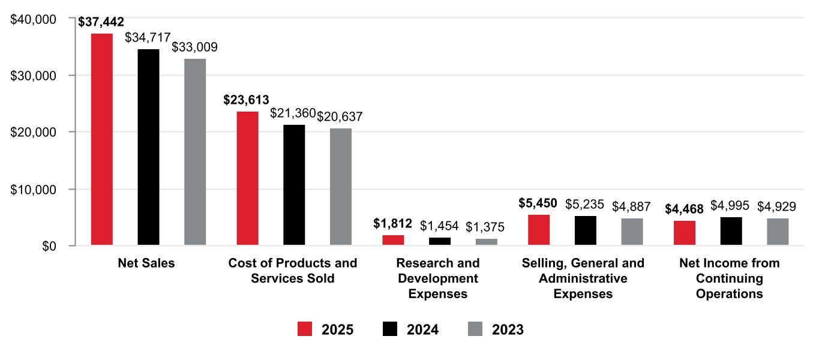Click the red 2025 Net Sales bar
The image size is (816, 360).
point(101,139)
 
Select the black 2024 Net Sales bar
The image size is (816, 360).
point(148,147)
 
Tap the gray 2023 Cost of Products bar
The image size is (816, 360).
point(341,187)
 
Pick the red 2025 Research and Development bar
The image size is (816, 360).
point(393,240)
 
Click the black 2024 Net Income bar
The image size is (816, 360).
point(731,231)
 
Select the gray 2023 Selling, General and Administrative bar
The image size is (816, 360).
point(632,232)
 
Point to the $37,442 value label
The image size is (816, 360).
point(101,22)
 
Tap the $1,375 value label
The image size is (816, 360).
point(485,227)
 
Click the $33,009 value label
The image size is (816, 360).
point(195,47)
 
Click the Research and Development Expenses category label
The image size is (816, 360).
point(438,278)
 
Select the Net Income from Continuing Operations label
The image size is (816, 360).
point(729,278)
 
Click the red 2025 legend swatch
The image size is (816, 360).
point(305,329)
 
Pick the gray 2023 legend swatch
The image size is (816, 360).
point(475,329)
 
